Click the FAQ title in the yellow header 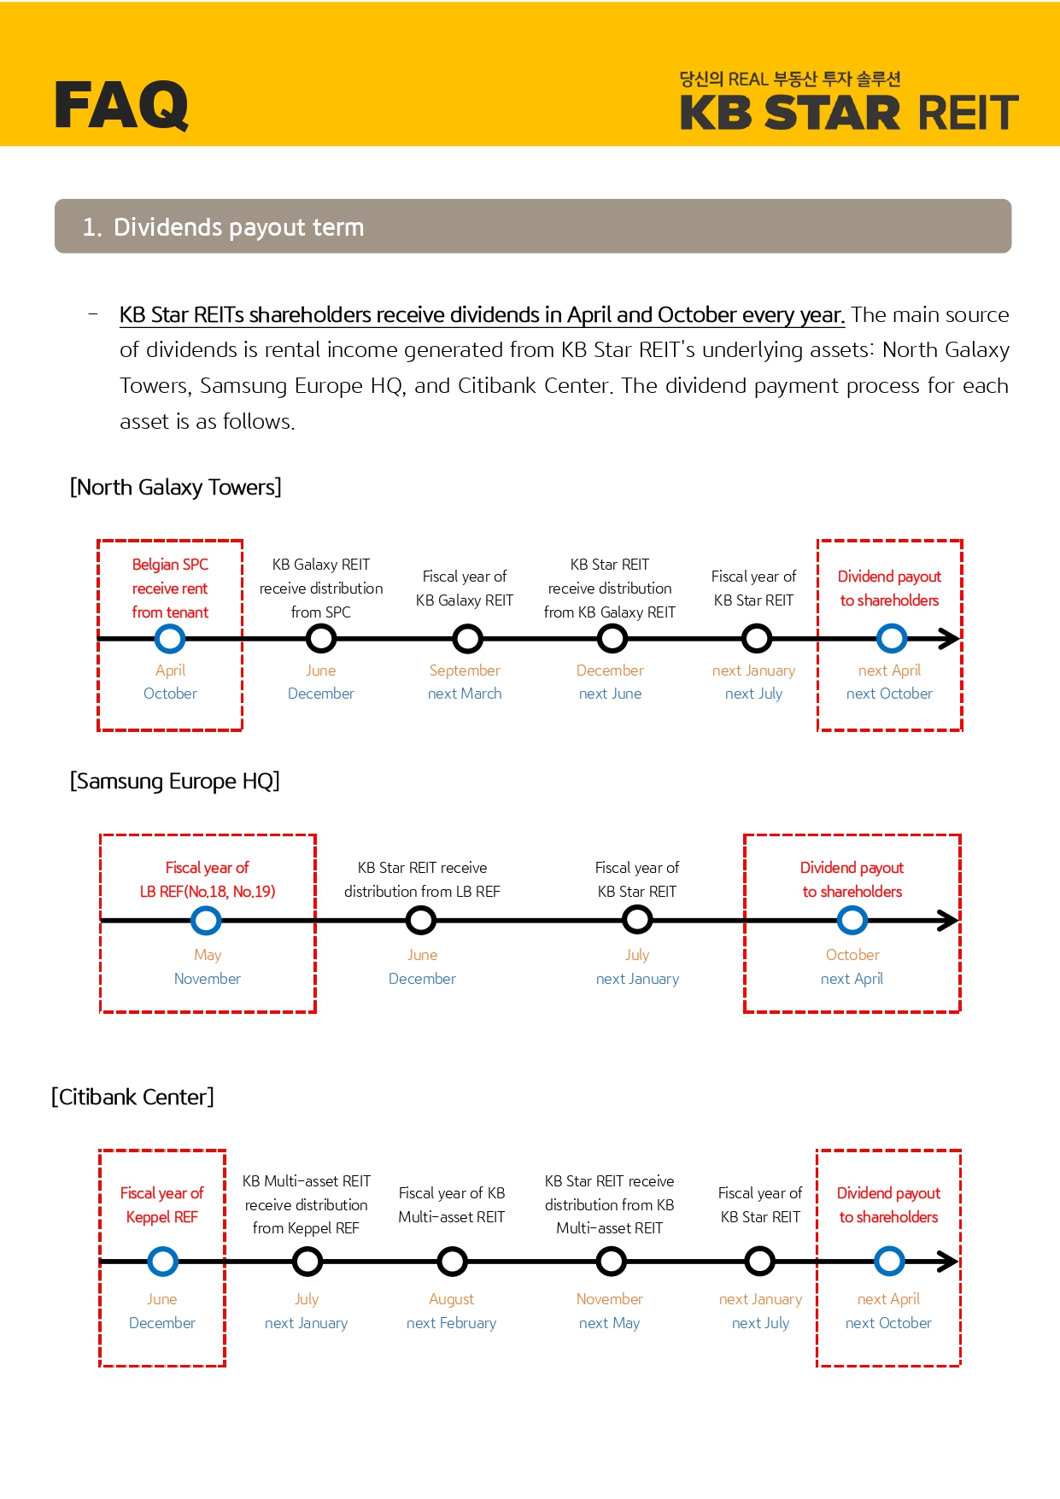[121, 105]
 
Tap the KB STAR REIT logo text [848, 113]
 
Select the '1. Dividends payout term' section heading [223, 227]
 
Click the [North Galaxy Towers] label [175, 487]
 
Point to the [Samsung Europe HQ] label [174, 781]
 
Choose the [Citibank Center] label [132, 1097]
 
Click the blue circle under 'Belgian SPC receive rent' [170, 638]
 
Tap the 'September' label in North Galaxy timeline [465, 670]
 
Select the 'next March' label [465, 694]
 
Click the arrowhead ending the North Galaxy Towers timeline [948, 638]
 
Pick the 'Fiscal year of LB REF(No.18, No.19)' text [208, 879]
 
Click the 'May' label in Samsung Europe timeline [208, 954]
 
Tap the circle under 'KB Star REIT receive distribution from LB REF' [421, 920]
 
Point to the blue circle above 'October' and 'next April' [852, 920]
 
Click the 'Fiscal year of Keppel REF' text [162, 1204]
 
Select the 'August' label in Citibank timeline [451, 1299]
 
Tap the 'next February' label [451, 1323]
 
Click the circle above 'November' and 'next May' [611, 1261]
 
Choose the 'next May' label [609, 1323]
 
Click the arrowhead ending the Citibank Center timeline [947, 1261]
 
